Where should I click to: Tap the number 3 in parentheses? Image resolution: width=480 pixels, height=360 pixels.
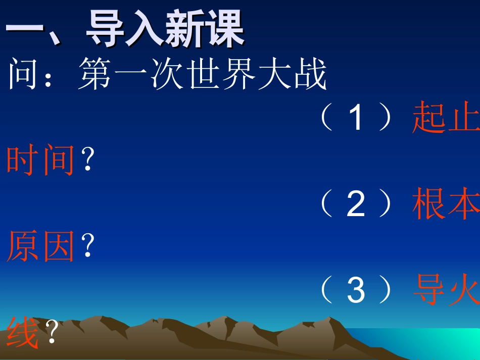coord(356,291)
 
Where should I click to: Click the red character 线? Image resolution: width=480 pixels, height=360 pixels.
coord(23,333)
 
